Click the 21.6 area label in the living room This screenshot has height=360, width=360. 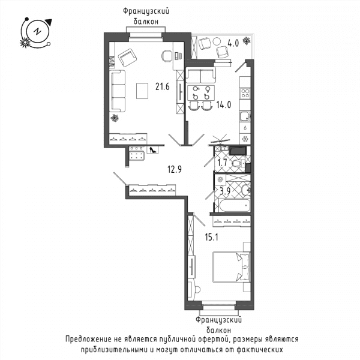[163, 86]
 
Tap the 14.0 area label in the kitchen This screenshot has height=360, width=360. [224, 104]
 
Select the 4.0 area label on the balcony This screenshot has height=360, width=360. [233, 43]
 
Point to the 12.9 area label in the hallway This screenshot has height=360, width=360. [175, 169]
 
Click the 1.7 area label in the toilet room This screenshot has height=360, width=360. [222, 163]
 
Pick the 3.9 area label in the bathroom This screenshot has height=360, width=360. [225, 191]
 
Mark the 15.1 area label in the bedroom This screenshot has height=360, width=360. [211, 237]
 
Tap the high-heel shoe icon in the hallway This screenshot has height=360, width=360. [152, 150]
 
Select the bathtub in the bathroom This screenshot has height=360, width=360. [235, 206]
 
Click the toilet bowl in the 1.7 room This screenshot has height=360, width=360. [237, 164]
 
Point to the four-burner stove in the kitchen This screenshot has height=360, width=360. [245, 94]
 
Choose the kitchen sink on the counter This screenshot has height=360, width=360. [245, 116]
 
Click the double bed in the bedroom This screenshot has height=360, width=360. [231, 267]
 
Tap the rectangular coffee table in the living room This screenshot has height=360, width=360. [142, 91]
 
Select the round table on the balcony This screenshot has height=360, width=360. [217, 41]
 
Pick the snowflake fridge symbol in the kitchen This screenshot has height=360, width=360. [245, 139]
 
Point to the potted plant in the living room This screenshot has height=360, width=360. [115, 118]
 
